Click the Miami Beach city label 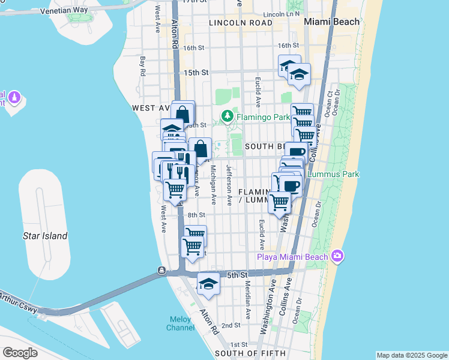click(331, 22)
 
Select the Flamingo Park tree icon click(228, 116)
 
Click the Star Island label click(45, 236)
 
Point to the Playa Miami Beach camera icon click(337, 257)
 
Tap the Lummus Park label click(333, 175)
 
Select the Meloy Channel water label click(180, 323)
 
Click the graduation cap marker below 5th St click(208, 284)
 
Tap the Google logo click(20, 353)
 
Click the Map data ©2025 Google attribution click(411, 355)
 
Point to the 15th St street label click(196, 72)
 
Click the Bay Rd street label click(143, 66)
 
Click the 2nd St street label click(231, 325)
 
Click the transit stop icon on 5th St click(161, 271)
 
